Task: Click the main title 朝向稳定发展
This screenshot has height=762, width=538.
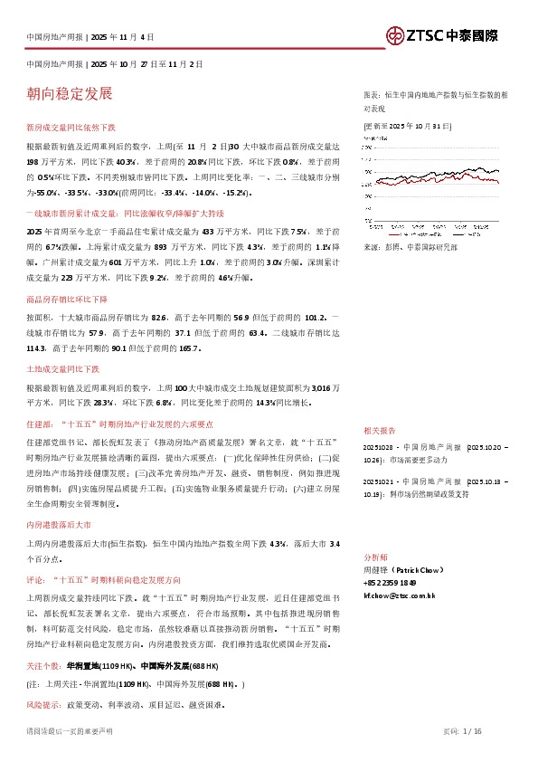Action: click(70, 93)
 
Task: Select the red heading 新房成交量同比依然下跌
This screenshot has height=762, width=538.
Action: click(77, 129)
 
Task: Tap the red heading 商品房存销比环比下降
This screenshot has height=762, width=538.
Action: click(67, 299)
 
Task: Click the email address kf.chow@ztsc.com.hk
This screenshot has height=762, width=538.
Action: click(399, 595)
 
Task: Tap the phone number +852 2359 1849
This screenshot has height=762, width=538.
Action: click(389, 583)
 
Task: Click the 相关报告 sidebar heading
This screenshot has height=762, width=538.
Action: click(378, 431)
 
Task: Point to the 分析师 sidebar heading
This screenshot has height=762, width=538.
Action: click(374, 557)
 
